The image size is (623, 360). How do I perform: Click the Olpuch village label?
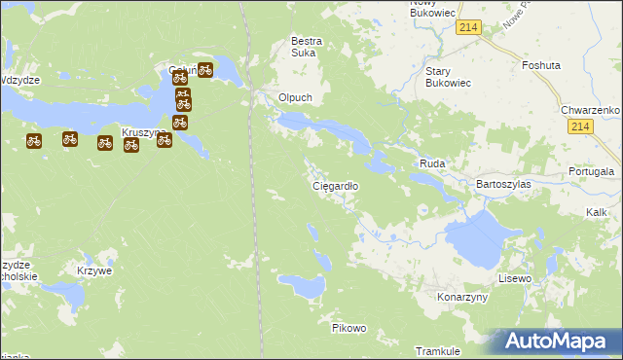(x=295, y=98)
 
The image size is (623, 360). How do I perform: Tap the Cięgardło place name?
(x=335, y=185)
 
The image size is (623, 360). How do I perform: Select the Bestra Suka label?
(x=309, y=47)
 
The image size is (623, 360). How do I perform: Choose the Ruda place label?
(x=432, y=164)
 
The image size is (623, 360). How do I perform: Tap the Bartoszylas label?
(x=501, y=184)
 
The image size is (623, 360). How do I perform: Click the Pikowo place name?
(x=348, y=328)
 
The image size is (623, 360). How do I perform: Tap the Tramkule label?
(x=437, y=350)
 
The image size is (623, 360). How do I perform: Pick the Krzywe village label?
(x=94, y=270)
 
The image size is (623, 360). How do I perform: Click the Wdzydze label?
(x=19, y=80)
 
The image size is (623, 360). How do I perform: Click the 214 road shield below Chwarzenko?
(x=581, y=127)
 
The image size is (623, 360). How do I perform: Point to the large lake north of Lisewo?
(x=477, y=238)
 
